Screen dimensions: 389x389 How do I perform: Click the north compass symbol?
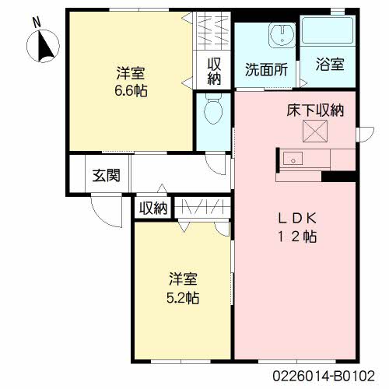coord(43,46)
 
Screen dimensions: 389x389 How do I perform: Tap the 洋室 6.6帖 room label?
coord(131,82)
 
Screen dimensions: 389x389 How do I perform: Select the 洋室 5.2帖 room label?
coord(183,288)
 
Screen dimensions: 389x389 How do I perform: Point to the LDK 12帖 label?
coord(297,227)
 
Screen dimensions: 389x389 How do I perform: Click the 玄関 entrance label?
coord(107,175)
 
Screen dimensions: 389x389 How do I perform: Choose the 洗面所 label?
coord(266,69)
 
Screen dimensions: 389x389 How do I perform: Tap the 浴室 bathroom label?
coord(330,64)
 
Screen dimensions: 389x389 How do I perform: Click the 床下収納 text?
coord(315,110)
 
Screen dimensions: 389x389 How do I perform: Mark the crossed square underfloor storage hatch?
coord(315,131)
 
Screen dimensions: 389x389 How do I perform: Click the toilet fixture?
coord(213,108)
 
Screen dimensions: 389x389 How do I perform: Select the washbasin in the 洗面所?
coord(282,35)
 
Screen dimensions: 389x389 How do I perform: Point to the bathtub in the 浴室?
coord(328,31)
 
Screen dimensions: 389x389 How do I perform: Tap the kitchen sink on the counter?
coord(293,159)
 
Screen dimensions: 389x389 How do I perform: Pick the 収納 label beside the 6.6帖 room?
coord(214,72)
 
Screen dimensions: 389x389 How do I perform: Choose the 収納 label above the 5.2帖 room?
coord(153,208)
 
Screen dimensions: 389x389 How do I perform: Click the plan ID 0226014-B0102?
coord(324,376)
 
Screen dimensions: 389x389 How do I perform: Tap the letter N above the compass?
coord(37,23)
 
